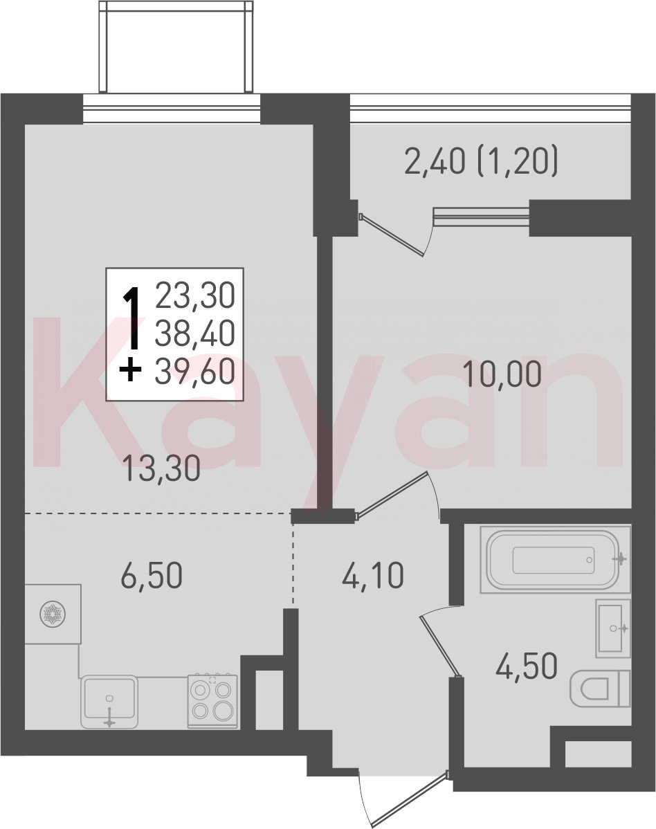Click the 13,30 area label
tap(161, 469)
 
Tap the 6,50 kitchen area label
tap(152, 576)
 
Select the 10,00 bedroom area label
tap(502, 374)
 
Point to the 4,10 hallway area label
tap(373, 576)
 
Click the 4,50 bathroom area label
tap(527, 666)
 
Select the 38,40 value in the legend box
tap(195, 334)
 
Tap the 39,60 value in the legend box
tap(195, 372)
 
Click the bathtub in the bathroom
tap(555, 559)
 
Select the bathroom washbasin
tap(613, 628)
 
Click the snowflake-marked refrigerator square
tap(53, 614)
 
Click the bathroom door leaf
tap(439, 645)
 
